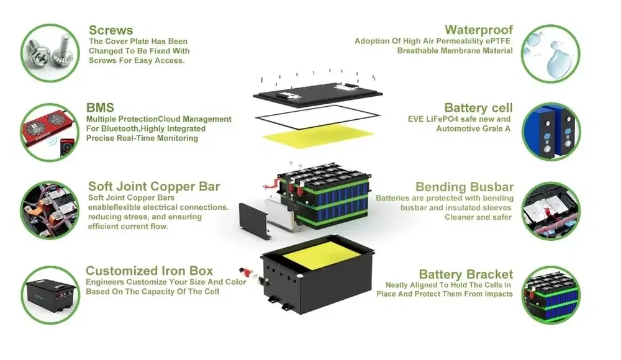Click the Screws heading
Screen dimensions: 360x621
(x=111, y=30)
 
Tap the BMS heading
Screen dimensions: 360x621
(x=100, y=107)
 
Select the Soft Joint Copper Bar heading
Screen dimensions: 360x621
(x=154, y=186)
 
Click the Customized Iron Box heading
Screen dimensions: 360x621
(x=149, y=271)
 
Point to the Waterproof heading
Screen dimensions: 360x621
(x=479, y=30)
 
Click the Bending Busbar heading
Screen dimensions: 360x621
(x=465, y=187)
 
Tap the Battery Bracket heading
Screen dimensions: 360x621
(x=466, y=274)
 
